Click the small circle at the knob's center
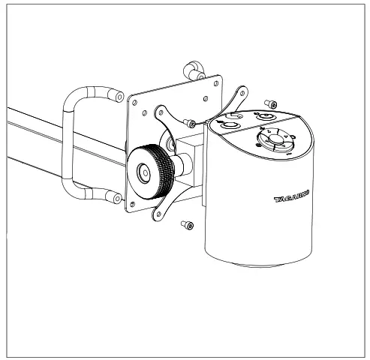point(143,170)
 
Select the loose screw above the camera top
point(272,104)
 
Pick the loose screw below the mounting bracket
point(186,224)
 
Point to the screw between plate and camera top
point(192,123)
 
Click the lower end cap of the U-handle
point(116,196)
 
